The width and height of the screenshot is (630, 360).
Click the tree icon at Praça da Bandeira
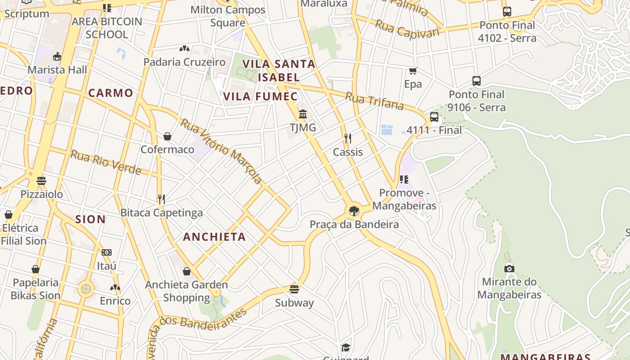point(354,211)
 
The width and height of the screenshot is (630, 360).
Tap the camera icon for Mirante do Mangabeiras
point(509,268)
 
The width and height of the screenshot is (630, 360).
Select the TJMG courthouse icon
point(303,114)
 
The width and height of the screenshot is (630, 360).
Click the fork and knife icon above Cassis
point(347,138)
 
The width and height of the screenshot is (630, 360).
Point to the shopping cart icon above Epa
point(413,71)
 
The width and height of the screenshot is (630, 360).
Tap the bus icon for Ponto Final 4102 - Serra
point(507,12)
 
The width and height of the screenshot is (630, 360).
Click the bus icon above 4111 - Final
point(434,117)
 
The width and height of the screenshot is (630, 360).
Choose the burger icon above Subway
point(294,289)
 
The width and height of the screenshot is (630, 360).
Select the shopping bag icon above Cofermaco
point(167,136)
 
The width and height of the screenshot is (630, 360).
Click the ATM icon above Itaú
point(107,252)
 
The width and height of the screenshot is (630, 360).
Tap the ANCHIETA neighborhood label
point(214,237)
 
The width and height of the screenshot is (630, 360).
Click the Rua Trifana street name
point(374,101)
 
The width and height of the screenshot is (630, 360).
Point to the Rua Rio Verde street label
point(106,162)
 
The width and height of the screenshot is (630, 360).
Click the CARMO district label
point(111,93)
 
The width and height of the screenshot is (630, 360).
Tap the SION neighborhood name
point(90,219)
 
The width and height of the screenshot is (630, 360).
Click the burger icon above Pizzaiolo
point(41,181)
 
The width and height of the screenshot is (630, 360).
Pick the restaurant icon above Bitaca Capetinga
point(162,199)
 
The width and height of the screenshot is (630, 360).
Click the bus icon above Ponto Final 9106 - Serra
point(477,81)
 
